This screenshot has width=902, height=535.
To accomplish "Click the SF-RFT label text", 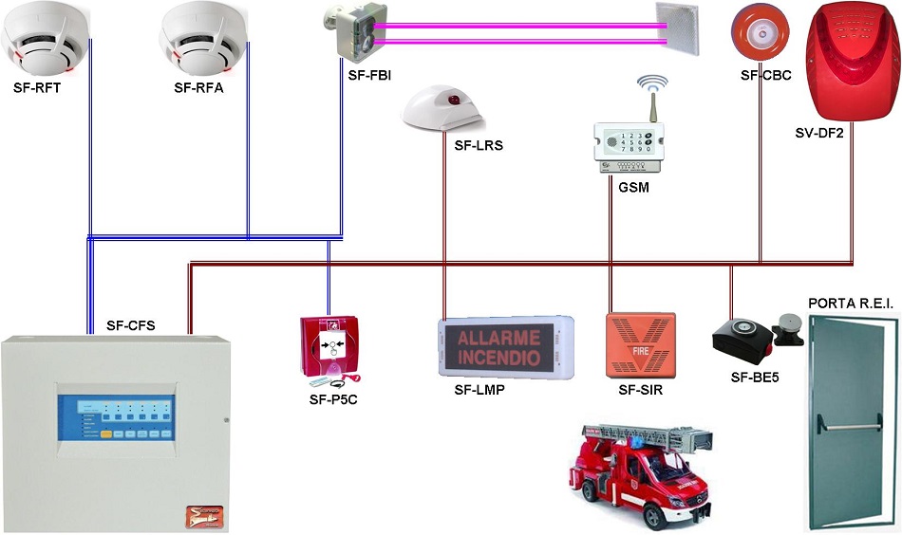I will pos(38,88).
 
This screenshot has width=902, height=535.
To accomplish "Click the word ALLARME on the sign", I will pos(499,338).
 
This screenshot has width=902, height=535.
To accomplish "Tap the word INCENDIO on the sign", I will pos(499,357).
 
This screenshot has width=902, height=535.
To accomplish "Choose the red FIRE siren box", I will pos(641,346).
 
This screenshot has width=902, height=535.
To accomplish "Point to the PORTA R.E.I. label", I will pos(850,303).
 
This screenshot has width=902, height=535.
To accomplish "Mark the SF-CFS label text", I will pos(130,325).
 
